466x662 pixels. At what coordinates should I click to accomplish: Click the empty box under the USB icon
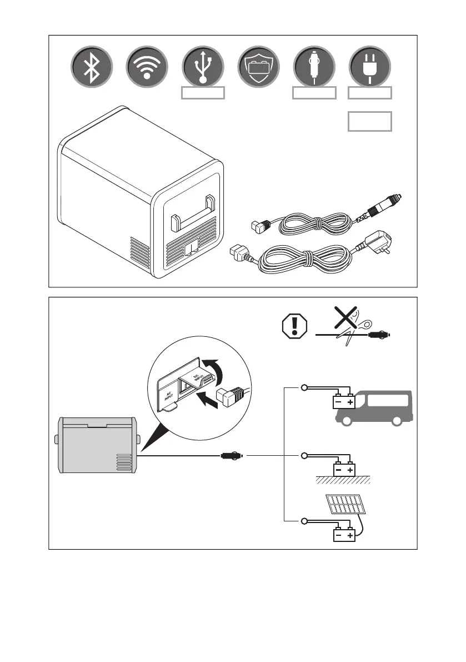tap(203, 93)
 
